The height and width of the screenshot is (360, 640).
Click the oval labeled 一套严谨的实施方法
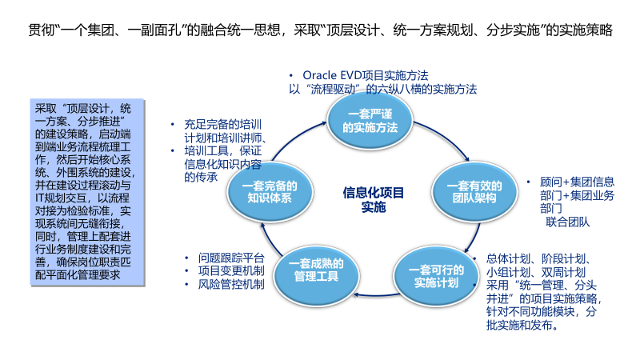click(370, 121)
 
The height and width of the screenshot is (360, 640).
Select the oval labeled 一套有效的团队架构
click(474, 192)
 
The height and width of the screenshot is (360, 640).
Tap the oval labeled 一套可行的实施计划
click(436, 276)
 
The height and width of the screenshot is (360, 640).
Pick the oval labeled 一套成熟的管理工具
click(316, 276)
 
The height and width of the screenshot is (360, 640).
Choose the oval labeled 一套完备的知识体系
click(270, 192)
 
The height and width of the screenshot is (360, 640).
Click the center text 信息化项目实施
click(373, 199)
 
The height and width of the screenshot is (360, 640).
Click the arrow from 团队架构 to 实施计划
click(474, 238)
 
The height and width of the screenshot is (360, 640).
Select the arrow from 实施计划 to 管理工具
click(377, 294)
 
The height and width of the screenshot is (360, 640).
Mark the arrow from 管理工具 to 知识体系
click(268, 241)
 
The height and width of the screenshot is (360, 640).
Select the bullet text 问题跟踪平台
click(231, 258)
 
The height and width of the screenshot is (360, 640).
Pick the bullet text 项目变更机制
click(231, 271)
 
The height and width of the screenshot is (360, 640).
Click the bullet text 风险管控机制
click(231, 285)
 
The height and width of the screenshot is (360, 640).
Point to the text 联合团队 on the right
click(567, 222)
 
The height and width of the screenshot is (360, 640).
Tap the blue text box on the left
click(87, 192)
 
